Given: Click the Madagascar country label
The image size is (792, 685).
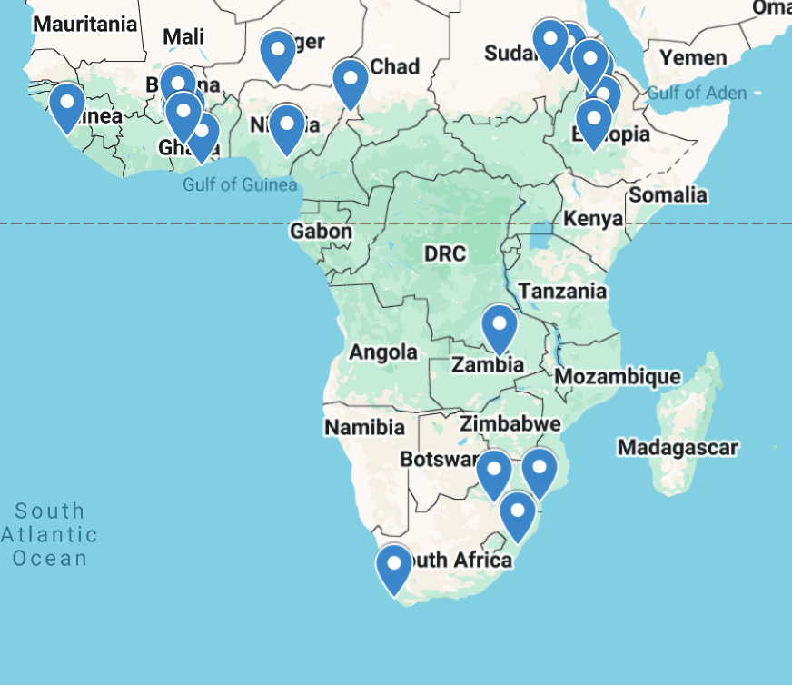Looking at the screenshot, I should [x=677, y=447].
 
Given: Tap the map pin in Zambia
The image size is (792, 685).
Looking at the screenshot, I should [x=499, y=327].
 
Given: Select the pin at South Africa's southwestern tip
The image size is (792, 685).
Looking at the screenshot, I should [x=394, y=568].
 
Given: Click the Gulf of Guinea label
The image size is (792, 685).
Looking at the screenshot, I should [x=240, y=184].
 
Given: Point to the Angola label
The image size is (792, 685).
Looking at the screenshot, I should [x=383, y=352].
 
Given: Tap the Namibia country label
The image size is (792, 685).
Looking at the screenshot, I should [x=364, y=427].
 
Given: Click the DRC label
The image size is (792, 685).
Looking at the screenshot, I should [x=445, y=253].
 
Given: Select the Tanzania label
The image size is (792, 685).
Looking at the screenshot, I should [x=562, y=291].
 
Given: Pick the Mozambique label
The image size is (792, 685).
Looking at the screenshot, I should [x=618, y=376].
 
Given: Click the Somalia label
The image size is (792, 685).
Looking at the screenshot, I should [x=668, y=194].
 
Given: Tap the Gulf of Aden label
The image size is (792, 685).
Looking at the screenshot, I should [x=698, y=93].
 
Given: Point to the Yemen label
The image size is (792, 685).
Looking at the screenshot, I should [x=693, y=58].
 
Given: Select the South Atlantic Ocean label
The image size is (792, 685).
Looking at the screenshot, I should [x=49, y=534].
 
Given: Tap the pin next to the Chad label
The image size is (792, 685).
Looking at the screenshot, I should [x=351, y=82].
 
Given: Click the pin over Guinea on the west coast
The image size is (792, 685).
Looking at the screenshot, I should [x=67, y=106].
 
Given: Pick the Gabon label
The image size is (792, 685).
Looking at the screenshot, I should [x=321, y=232].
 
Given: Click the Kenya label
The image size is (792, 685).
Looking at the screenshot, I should [x=593, y=219].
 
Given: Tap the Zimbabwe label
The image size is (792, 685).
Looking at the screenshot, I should [x=510, y=423].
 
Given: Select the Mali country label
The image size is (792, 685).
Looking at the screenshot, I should [x=184, y=37].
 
